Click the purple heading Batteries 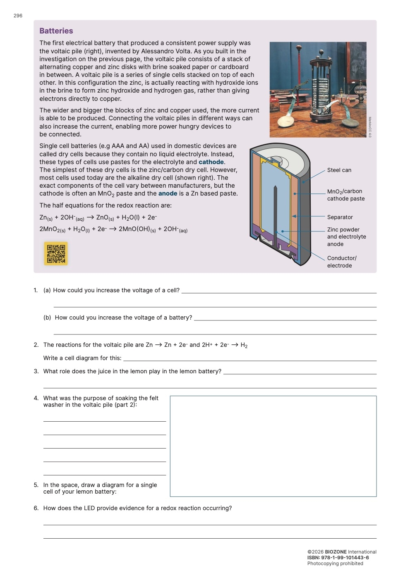click(x=56, y=31)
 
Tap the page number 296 click(x=18, y=16)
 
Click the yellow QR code click(x=56, y=253)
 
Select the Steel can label click(x=339, y=170)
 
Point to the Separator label click(x=340, y=217)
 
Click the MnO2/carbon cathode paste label click(x=345, y=195)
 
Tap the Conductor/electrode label click(x=341, y=262)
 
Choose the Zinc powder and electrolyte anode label click(x=346, y=237)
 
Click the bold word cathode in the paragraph click(x=211, y=162)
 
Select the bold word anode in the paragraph click(x=168, y=193)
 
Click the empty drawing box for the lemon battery click(x=273, y=446)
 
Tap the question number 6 click(x=36, y=508)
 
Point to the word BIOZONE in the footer click(x=336, y=552)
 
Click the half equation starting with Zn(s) click(x=98, y=218)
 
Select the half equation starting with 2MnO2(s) click(x=113, y=229)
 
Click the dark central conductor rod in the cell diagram click(x=275, y=215)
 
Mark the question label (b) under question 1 click(x=47, y=317)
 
